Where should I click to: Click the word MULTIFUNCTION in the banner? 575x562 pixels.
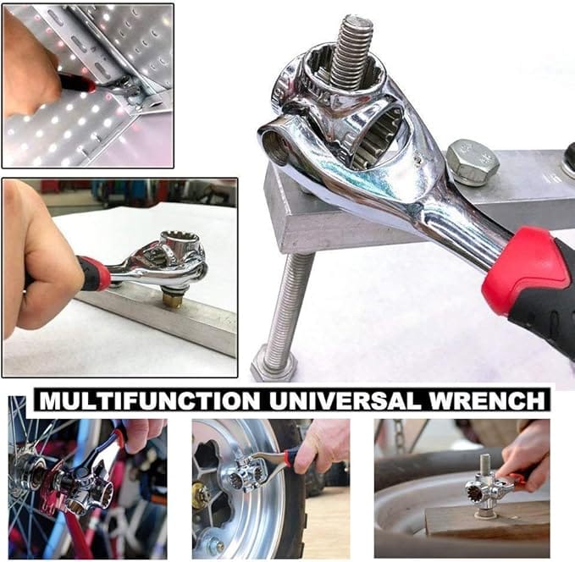(x=151, y=400)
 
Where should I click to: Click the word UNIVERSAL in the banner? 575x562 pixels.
(x=346, y=400)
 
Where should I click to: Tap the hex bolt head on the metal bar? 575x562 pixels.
(x=473, y=162)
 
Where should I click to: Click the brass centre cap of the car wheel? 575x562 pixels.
(x=201, y=496)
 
